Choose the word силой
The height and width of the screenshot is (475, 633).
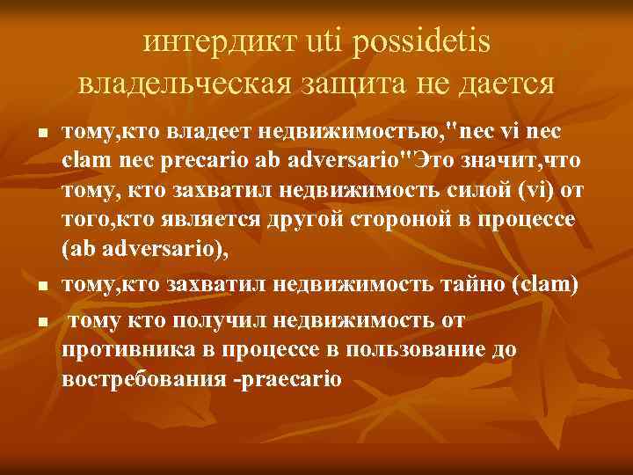pos(477,190)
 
